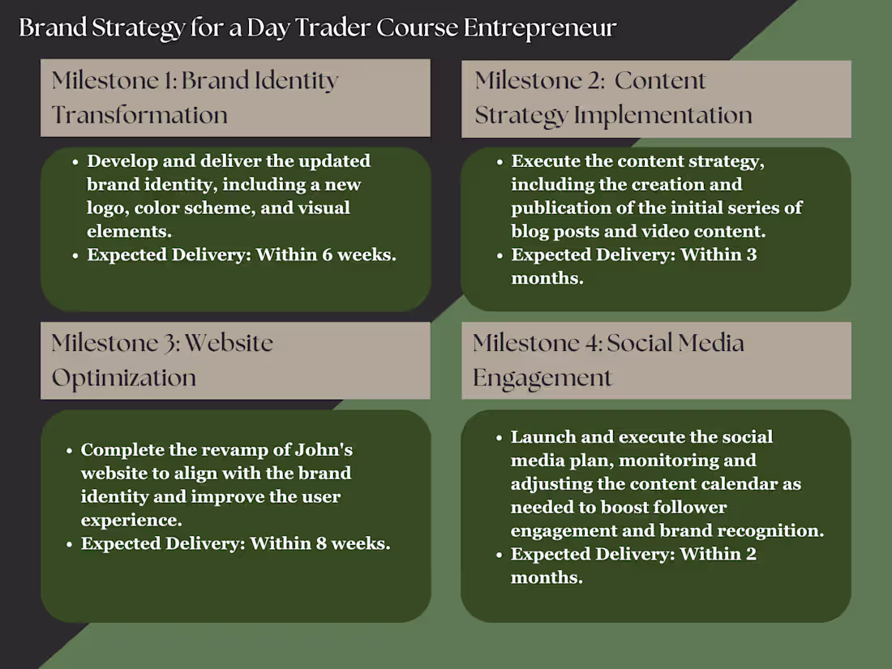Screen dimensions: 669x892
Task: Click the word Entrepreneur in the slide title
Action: tap(540, 28)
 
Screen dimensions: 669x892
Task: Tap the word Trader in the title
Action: tap(332, 28)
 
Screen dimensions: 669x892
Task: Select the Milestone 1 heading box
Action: tap(235, 97)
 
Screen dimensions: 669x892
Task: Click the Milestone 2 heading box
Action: tap(656, 98)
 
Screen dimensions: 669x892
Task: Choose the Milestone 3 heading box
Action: tap(235, 360)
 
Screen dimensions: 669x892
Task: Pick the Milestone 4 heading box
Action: tap(656, 360)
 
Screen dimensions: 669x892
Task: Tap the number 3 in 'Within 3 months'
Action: tap(751, 255)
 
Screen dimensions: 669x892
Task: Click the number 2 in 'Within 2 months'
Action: tap(751, 555)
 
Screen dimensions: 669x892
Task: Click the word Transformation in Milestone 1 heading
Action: tap(139, 115)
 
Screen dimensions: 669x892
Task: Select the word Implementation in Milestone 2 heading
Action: tap(663, 115)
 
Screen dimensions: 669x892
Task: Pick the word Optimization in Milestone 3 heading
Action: tap(124, 378)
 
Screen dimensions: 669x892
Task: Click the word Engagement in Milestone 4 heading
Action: tap(542, 378)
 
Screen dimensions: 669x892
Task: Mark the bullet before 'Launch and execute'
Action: tap(499, 438)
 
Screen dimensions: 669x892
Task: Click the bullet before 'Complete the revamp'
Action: tap(69, 450)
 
